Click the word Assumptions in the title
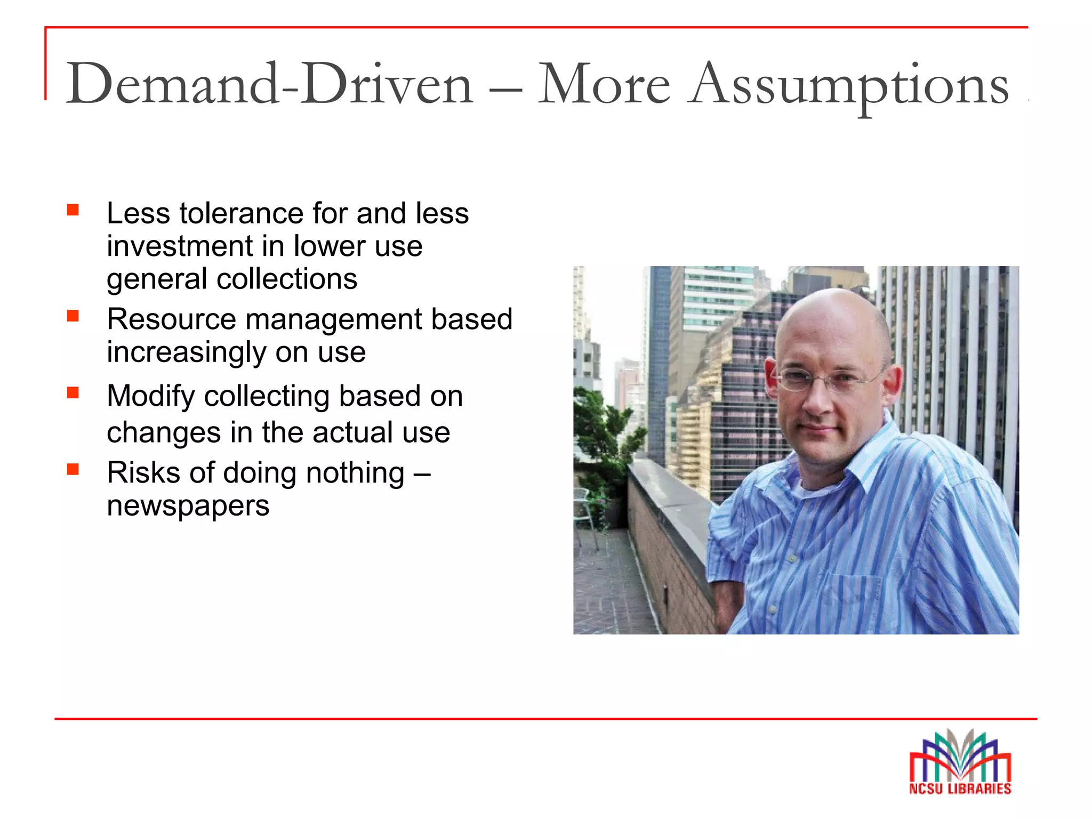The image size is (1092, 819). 848,85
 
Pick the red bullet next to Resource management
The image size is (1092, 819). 73,316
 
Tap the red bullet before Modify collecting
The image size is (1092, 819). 73,393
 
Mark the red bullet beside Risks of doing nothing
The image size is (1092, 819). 73,469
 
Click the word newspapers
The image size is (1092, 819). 188,505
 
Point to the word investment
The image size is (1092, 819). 180,246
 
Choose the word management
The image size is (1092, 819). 333,319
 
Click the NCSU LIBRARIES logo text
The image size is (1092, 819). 960,788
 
